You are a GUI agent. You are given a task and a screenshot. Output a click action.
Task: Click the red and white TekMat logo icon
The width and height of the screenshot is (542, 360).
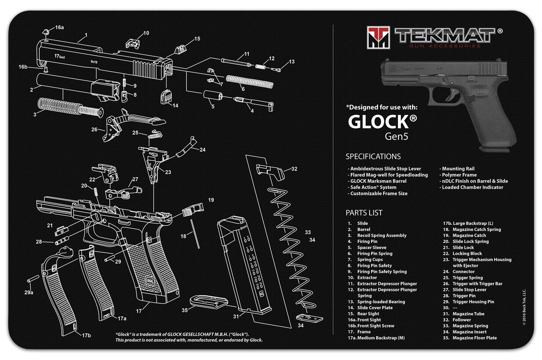378,37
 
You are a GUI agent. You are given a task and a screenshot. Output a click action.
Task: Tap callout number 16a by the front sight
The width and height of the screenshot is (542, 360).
59,27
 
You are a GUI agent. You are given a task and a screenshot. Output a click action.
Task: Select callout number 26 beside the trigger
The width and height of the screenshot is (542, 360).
94,129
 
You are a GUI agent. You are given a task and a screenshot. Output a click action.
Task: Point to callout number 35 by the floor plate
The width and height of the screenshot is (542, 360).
185,310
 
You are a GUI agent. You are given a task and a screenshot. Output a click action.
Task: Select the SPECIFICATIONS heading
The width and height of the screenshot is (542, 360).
373,157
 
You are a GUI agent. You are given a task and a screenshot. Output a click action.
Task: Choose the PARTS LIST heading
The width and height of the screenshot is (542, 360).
364,213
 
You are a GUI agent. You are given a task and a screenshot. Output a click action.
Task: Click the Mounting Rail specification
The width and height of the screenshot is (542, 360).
458,169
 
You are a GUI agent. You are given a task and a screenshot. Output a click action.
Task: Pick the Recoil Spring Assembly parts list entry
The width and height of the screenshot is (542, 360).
382,235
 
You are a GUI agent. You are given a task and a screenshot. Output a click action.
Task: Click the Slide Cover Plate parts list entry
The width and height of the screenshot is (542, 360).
375,308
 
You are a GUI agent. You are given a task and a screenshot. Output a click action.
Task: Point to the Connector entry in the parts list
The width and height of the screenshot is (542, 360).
464,271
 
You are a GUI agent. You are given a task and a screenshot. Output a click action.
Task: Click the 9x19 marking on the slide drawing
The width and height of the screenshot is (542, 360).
94,62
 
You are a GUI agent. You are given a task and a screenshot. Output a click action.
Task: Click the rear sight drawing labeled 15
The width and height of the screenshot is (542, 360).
180,49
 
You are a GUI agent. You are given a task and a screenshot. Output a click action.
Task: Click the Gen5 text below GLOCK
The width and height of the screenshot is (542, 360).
396,137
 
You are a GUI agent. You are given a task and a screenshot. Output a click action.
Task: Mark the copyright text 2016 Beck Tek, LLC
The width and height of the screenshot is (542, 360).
524,307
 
